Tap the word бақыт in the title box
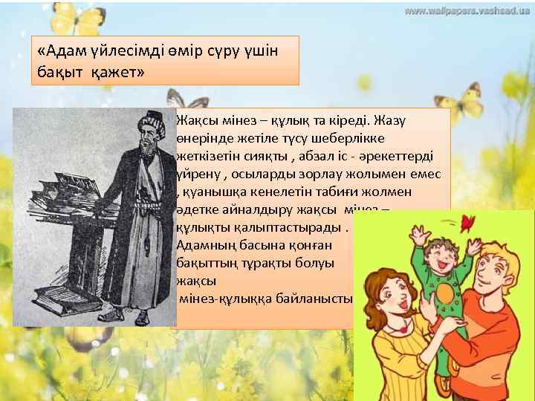[59, 72]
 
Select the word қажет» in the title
[117, 72]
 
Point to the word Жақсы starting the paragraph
[195, 120]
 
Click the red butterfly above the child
[467, 222]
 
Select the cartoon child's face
[439, 257]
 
